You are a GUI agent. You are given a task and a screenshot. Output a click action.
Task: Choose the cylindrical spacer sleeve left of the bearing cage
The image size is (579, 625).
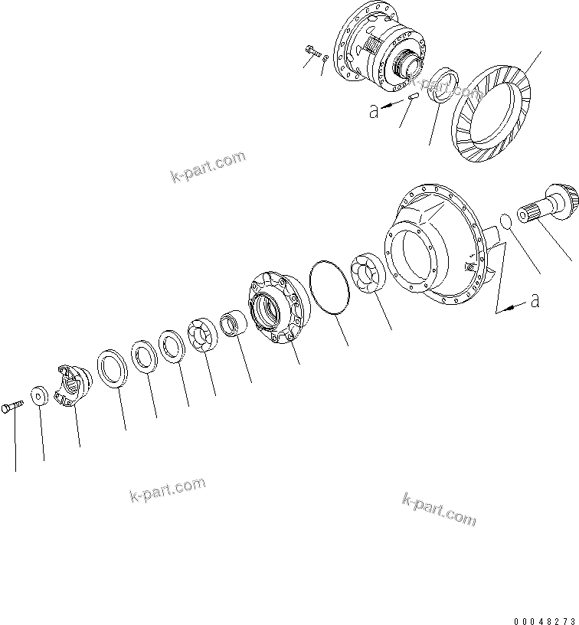tap(234, 323)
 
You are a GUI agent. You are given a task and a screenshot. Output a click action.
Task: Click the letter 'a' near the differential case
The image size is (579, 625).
tap(374, 111)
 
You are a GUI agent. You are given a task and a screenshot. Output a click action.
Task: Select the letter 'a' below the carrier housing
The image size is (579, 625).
tap(535, 301)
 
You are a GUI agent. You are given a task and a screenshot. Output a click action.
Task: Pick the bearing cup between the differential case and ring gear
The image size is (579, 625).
tap(443, 84)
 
